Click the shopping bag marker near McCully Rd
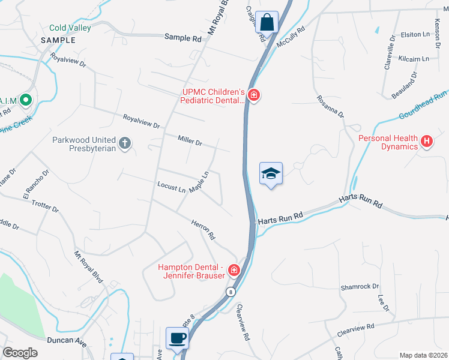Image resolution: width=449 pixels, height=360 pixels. [x=267, y=22]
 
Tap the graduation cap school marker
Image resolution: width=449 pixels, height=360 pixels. [x=271, y=173]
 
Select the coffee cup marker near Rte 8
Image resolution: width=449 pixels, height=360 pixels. [x=177, y=338]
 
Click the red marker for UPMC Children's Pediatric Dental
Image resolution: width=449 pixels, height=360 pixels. [x=253, y=95]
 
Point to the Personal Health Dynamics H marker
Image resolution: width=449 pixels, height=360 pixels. [x=427, y=142]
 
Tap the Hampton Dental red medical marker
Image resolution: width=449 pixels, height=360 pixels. [x=234, y=271]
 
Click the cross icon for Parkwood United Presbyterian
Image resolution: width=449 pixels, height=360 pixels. [x=124, y=143]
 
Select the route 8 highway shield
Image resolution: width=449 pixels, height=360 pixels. [x=231, y=292]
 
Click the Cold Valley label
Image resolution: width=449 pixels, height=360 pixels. [x=70, y=28]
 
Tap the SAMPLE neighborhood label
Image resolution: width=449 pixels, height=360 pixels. [x=58, y=40]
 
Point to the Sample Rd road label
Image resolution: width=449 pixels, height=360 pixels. [x=183, y=37]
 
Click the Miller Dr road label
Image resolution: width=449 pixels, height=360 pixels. [x=190, y=140]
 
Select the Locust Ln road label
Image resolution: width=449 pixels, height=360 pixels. [x=171, y=188]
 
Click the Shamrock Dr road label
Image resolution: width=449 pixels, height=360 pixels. [x=360, y=287]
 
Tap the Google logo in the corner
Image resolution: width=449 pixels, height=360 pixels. [x=20, y=353]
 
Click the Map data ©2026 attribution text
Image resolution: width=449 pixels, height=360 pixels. [x=423, y=355]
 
